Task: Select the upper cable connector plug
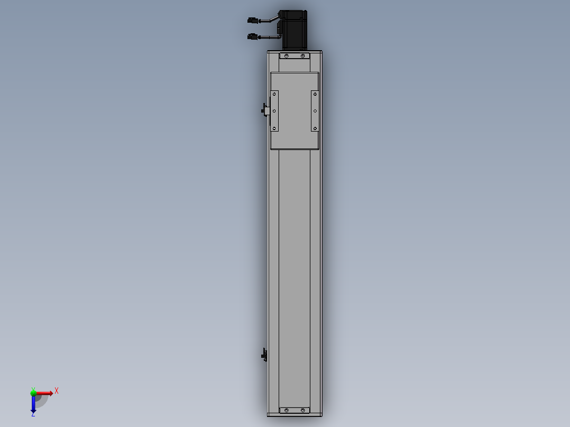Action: point(253,20)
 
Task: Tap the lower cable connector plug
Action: point(253,36)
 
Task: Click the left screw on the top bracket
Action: point(286,56)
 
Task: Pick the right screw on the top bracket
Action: point(303,56)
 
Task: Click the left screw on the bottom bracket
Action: point(286,410)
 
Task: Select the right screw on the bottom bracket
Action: point(303,410)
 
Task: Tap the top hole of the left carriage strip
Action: point(274,94)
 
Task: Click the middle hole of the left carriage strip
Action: point(274,111)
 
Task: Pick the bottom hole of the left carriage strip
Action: point(274,128)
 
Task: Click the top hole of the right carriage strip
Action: point(315,94)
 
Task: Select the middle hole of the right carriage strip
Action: point(315,111)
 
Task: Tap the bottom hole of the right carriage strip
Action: point(315,128)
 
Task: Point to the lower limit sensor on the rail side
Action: point(265,356)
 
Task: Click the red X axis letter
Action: point(57,391)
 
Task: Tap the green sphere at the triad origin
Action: point(34,393)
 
